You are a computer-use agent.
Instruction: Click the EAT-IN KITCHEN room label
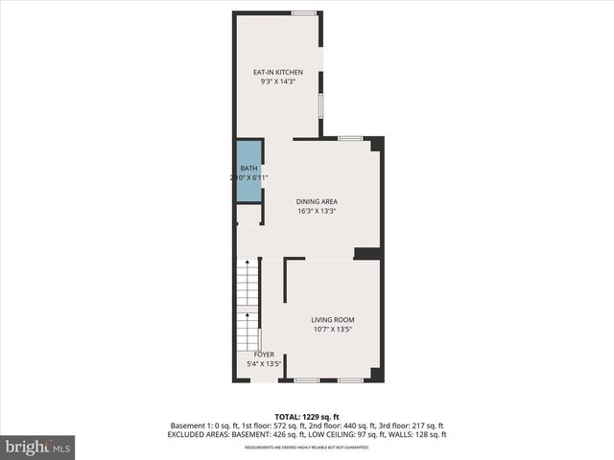point(278,73)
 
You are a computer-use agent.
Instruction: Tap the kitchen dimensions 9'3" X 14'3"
point(278,82)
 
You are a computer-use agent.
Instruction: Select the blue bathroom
point(248,172)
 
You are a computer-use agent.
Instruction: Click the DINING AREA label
point(317,201)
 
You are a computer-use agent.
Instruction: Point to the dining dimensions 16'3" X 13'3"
point(317,211)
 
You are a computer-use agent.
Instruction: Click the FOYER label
point(264,355)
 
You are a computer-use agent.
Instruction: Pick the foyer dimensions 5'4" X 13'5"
point(264,364)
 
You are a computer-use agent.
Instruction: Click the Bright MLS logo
point(38,447)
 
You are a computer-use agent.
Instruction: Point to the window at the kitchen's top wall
point(305,12)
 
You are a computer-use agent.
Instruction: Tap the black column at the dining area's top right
point(377,144)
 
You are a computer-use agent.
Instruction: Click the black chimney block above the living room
point(366,253)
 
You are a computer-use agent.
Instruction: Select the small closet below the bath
point(248,215)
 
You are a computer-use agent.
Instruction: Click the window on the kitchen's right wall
point(320,103)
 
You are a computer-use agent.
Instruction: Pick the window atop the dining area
point(350,139)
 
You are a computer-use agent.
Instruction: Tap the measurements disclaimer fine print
point(307,448)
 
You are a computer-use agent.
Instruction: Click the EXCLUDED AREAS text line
point(307,434)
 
